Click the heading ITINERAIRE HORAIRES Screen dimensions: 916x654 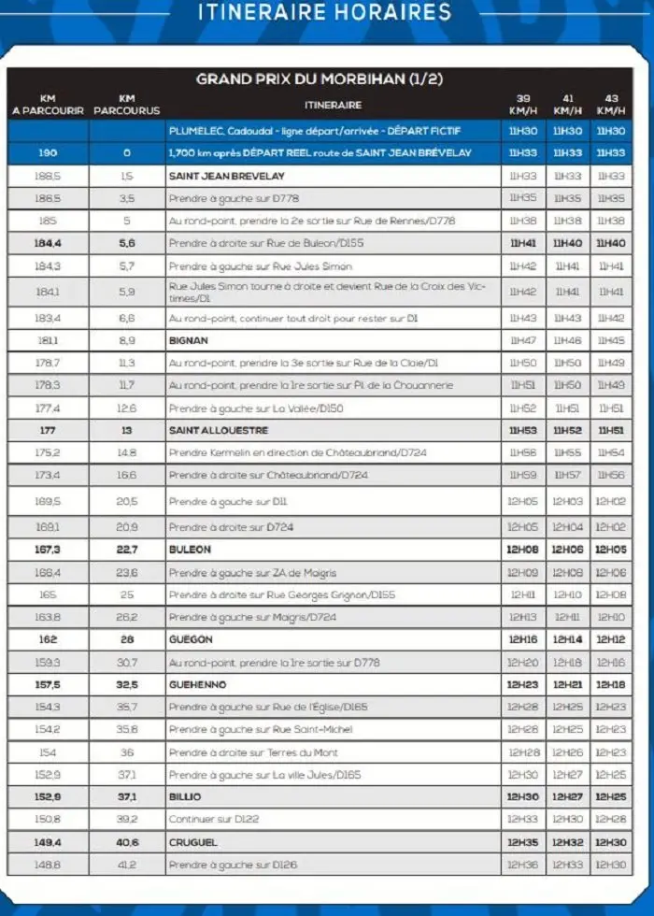(324, 13)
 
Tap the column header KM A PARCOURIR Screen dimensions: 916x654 (48, 104)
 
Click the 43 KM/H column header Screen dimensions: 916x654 (612, 104)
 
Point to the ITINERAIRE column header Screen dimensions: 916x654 (333, 105)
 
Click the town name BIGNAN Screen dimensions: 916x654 (189, 341)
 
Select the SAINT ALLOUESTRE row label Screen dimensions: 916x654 (219, 431)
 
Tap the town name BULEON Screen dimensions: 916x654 (190, 551)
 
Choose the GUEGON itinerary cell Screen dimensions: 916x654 (191, 640)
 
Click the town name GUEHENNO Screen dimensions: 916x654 (196, 685)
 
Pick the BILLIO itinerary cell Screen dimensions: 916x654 (185, 797)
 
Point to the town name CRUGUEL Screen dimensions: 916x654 (193, 842)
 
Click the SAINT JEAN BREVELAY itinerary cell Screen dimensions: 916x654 (226, 176)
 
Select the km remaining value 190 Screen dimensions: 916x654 (48, 153)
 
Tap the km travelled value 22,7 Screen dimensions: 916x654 (127, 551)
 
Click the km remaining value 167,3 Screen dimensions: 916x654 (48, 551)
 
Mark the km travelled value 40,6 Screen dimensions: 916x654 (127, 842)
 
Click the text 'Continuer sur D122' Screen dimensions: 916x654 (214, 820)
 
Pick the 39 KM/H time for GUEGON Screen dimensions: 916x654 (523, 640)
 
